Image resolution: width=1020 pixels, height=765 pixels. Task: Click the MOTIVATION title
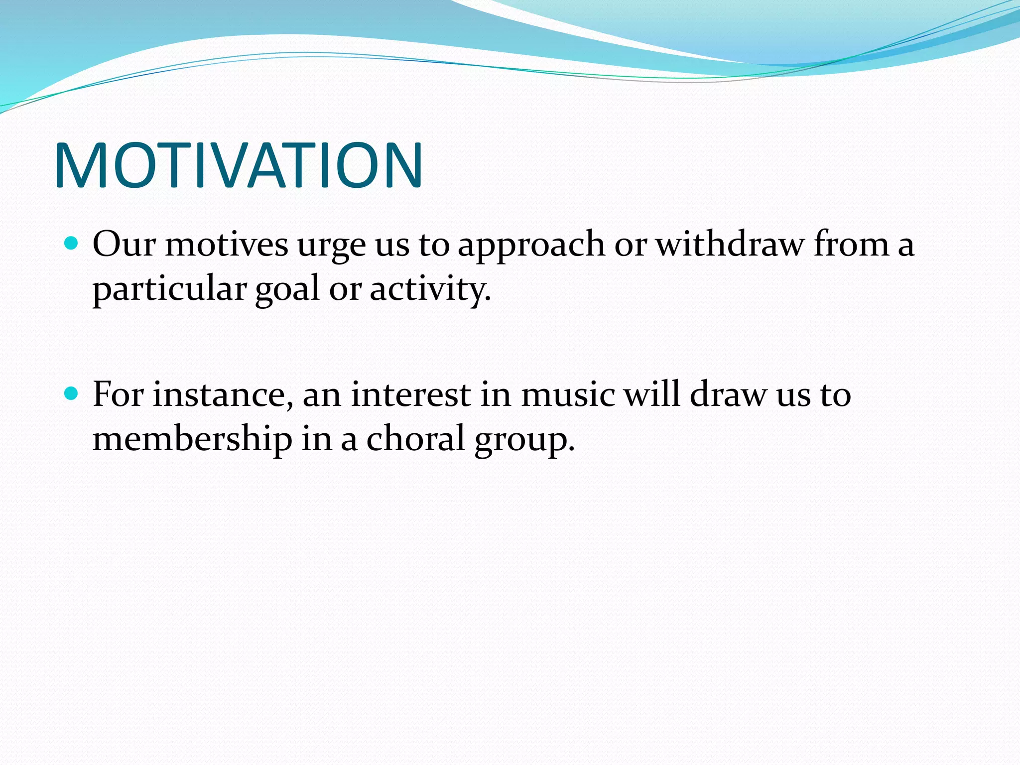(x=238, y=165)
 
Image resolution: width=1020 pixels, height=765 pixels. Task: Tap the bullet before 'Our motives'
(x=72, y=244)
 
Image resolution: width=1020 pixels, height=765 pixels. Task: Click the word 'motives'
(x=227, y=245)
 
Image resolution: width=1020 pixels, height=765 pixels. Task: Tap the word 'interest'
(x=411, y=394)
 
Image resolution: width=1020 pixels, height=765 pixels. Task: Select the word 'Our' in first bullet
(x=124, y=245)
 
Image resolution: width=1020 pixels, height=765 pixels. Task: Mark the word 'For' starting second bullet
(x=118, y=394)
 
